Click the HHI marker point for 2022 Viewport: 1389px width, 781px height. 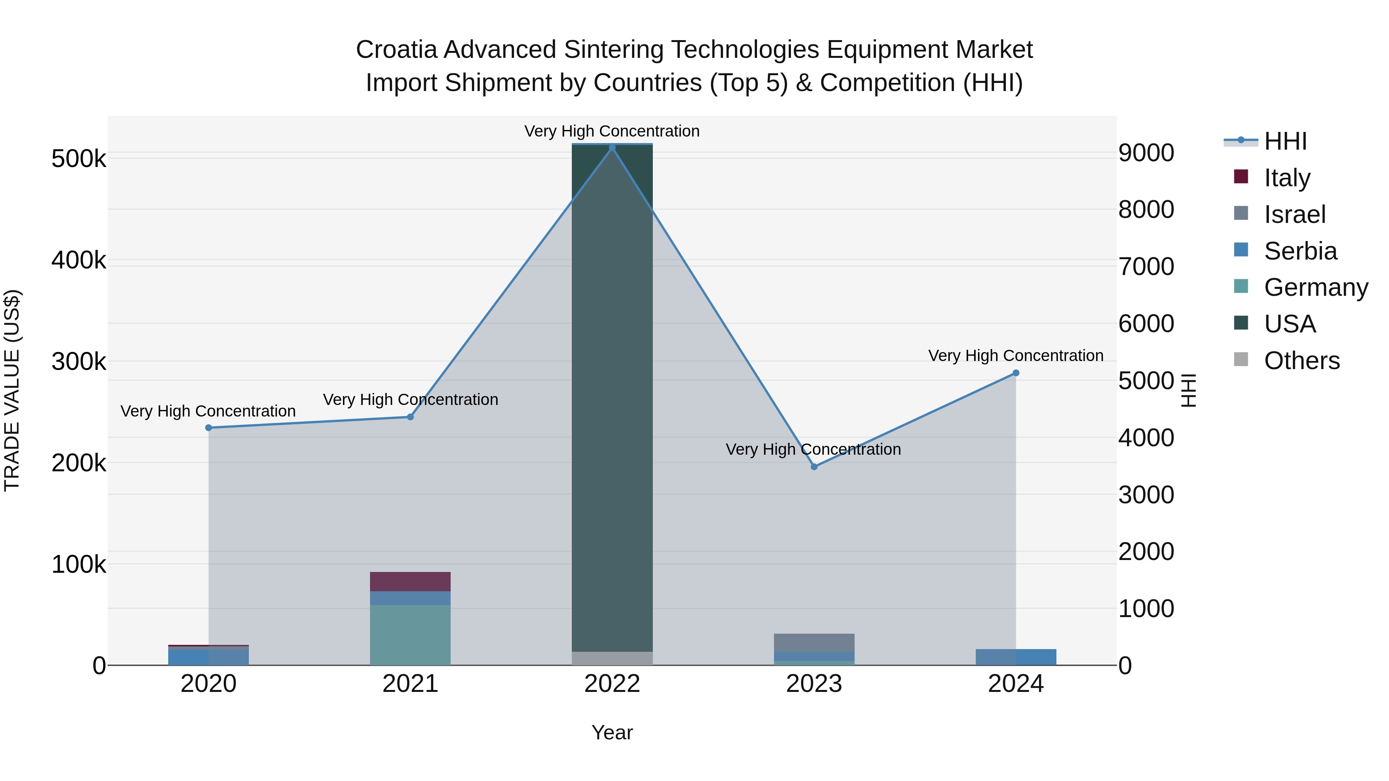point(612,148)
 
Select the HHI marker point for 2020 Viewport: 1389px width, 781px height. point(209,428)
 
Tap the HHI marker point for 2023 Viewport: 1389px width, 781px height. point(814,467)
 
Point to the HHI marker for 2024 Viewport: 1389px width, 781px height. point(1016,373)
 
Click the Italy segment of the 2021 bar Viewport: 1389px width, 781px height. point(411,582)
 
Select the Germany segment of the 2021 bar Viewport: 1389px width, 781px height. point(411,635)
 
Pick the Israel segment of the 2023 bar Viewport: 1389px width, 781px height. point(814,643)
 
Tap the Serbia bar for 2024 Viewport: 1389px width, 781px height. point(1016,657)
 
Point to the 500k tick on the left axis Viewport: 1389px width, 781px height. point(79,159)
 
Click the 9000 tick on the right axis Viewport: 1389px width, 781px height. point(1146,153)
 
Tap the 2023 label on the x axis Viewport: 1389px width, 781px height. point(814,684)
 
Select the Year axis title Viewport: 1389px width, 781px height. point(612,732)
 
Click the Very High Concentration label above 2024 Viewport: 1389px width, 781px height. point(1016,356)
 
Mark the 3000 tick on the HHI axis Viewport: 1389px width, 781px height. point(1146,495)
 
